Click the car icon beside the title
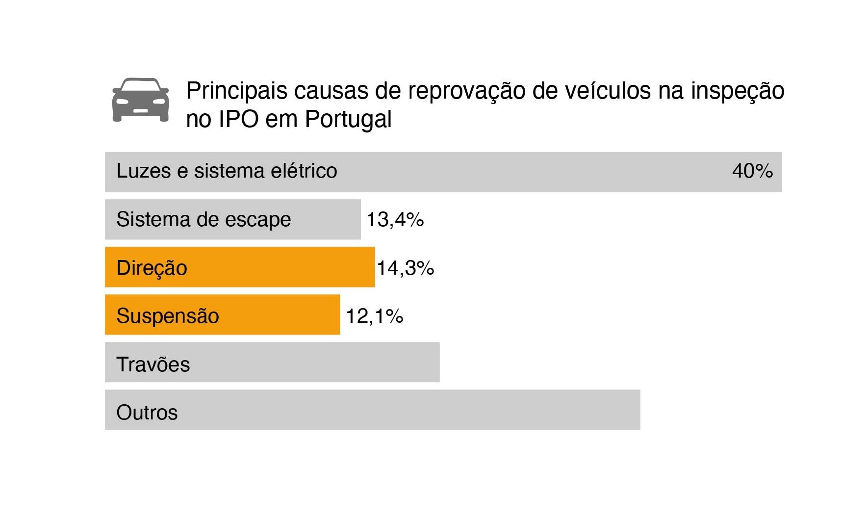[x=141, y=100]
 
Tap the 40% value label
[x=752, y=171]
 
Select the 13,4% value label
[x=395, y=219]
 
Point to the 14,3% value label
[x=406, y=268]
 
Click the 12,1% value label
[x=375, y=316]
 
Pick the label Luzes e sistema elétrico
[x=227, y=171]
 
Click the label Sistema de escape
[x=204, y=219]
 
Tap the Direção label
[x=152, y=268]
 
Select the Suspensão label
[x=168, y=316]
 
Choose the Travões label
[x=153, y=364]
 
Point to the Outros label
[x=147, y=413]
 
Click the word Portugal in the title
[x=348, y=119]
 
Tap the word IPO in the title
[x=238, y=119]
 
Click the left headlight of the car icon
[x=122, y=102]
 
